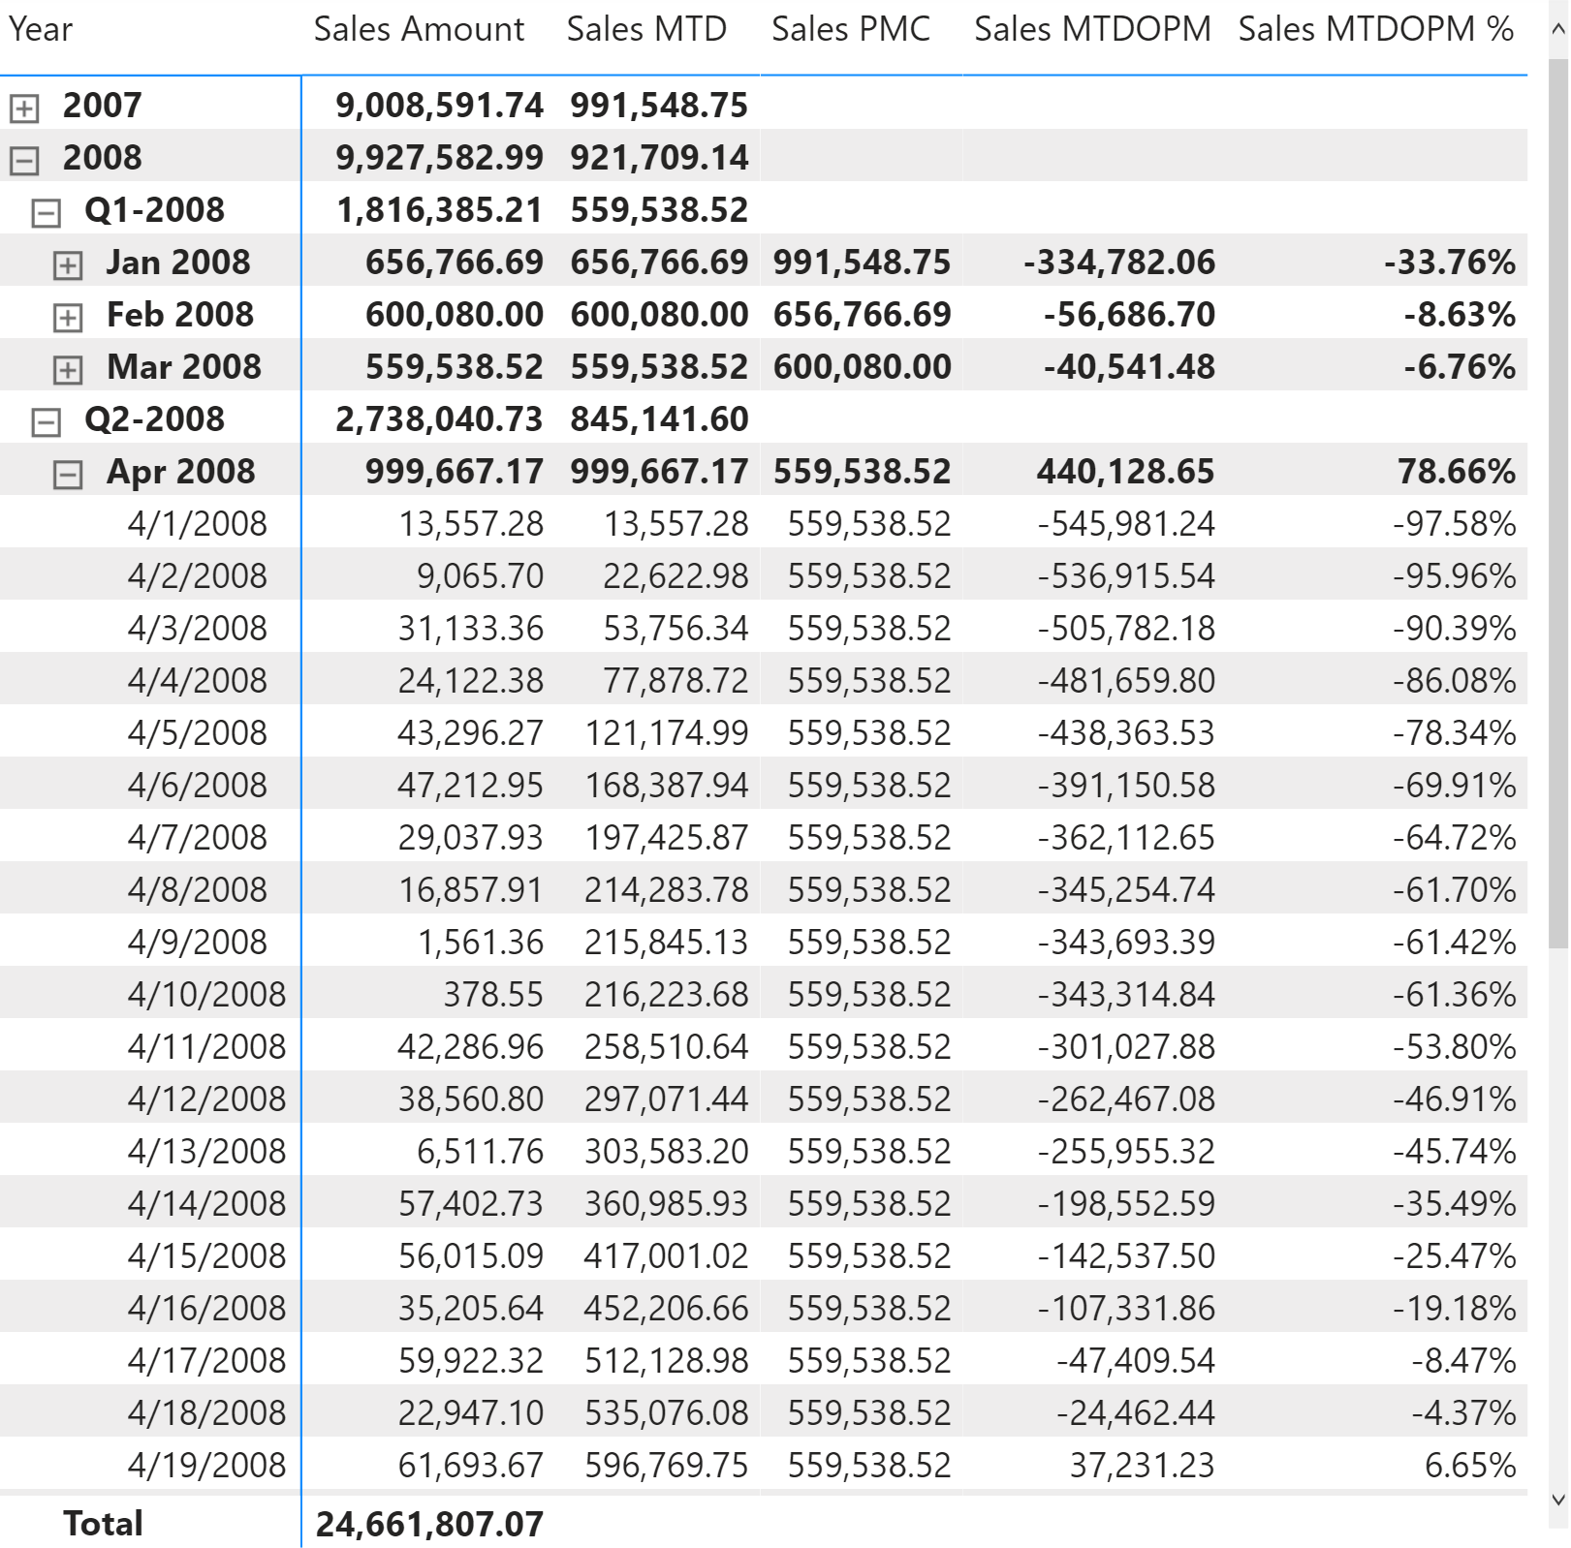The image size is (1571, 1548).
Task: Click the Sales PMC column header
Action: click(x=850, y=29)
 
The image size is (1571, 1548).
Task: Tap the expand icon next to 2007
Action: click(x=24, y=108)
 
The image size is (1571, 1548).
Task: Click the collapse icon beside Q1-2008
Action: click(x=46, y=212)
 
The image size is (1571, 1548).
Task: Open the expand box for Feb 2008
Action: click(x=67, y=317)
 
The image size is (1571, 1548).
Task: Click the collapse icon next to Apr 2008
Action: click(x=67, y=474)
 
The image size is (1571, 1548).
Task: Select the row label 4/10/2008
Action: click(x=206, y=994)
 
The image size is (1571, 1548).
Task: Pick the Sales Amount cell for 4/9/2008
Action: click(x=480, y=942)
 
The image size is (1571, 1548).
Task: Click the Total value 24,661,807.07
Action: click(x=429, y=1524)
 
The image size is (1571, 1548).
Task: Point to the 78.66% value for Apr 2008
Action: click(x=1456, y=471)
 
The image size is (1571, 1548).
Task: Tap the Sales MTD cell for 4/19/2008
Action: click(x=666, y=1465)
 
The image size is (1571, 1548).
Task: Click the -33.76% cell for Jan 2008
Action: click(x=1449, y=262)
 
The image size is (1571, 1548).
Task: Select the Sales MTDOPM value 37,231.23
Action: click(x=1142, y=1465)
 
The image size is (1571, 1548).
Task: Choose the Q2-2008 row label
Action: click(x=154, y=418)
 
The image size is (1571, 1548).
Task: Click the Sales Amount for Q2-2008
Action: click(x=439, y=418)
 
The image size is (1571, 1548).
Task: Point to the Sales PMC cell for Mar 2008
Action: click(x=862, y=366)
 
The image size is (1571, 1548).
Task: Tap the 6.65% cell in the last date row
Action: click(x=1469, y=1465)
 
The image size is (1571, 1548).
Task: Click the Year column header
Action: click(x=41, y=29)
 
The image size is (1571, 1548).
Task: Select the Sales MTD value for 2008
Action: click(x=659, y=157)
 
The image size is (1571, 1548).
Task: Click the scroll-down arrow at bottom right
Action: click(x=1558, y=1501)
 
